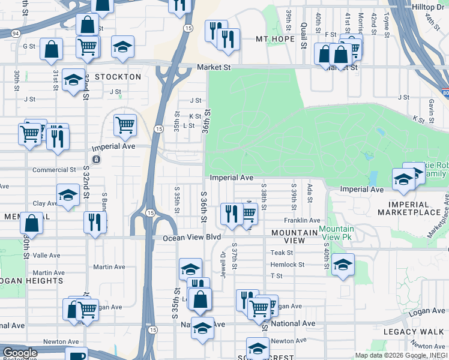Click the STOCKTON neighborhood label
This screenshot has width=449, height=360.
coord(117,77)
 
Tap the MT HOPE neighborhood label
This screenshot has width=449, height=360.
coord(275,40)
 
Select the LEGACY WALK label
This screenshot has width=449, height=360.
coord(420,332)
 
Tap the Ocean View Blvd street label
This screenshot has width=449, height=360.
coord(192,238)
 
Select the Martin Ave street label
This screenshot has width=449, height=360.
coord(109,267)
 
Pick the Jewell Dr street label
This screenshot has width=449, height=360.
coord(223,263)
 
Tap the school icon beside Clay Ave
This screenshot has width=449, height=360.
coord(68,194)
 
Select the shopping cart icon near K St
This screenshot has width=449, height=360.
coord(125,125)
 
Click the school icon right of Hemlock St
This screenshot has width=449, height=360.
coord(343,264)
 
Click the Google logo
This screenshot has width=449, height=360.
coord(20,353)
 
